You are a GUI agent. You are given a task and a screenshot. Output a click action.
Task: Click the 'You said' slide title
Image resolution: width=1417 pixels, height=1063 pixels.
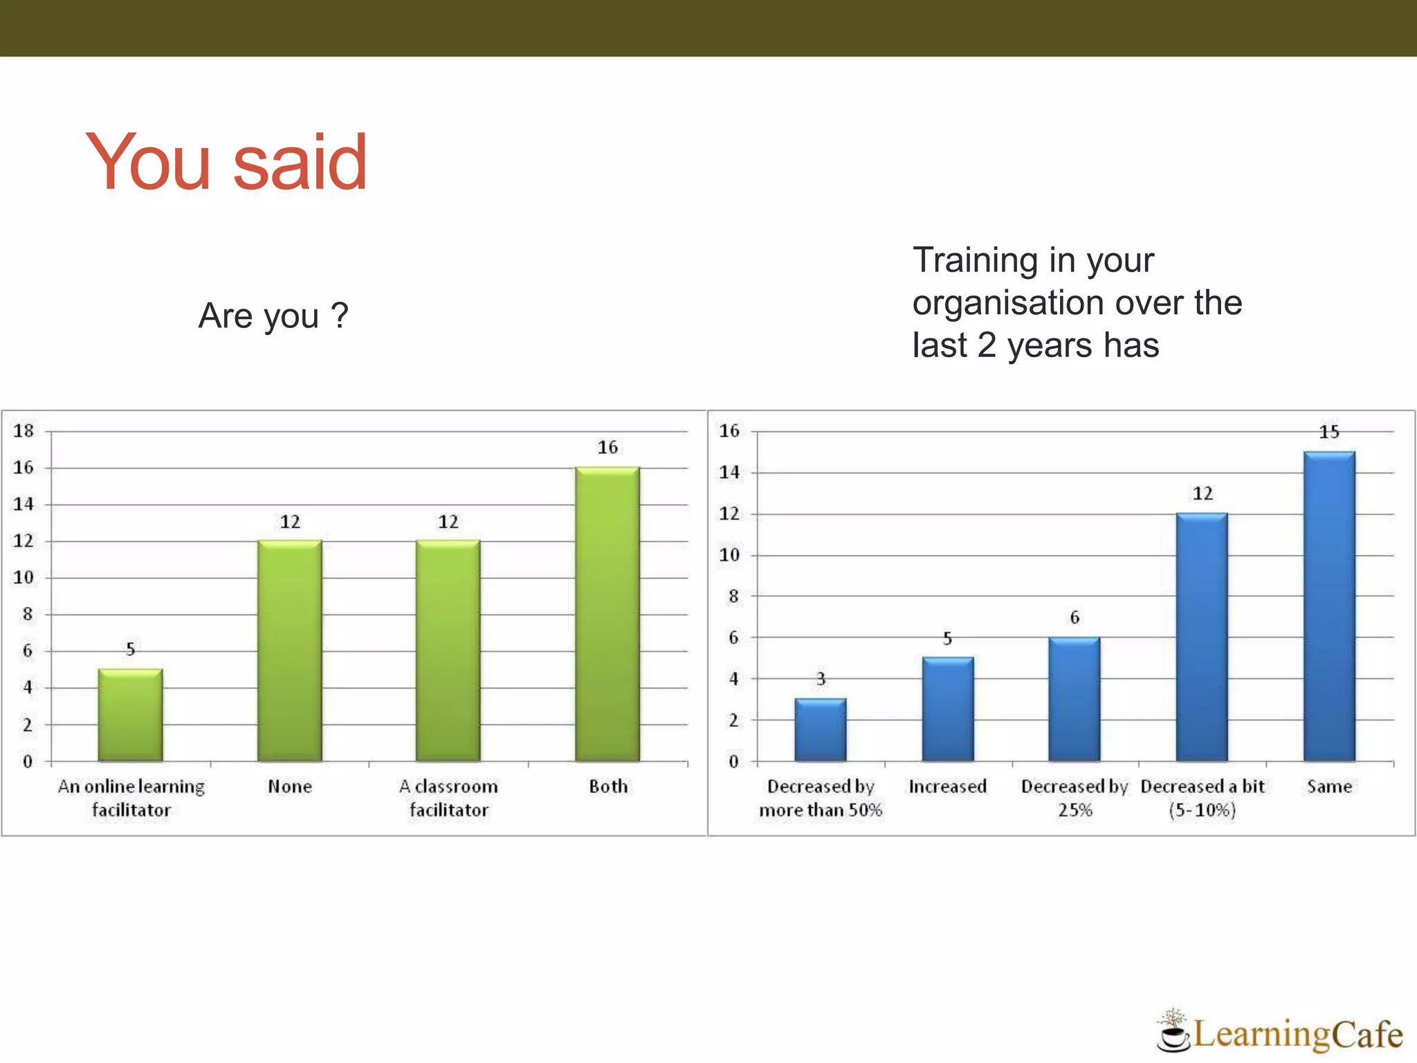pyautogui.click(x=226, y=162)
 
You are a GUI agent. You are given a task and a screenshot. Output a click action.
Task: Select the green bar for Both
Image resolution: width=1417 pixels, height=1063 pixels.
pyautogui.click(x=607, y=615)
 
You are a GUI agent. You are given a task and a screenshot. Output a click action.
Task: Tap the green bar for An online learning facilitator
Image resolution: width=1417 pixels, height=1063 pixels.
pyautogui.click(x=130, y=715)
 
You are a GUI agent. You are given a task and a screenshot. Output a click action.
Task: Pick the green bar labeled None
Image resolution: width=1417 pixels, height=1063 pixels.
pyautogui.click(x=289, y=651)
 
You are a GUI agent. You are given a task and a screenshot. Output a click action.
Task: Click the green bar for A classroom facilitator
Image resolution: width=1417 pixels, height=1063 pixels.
pyautogui.click(x=448, y=651)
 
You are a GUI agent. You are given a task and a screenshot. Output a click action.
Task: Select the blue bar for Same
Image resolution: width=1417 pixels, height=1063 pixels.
pyautogui.click(x=1329, y=606)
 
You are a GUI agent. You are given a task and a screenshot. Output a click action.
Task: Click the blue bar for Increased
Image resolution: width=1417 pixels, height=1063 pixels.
pyautogui.click(x=947, y=709)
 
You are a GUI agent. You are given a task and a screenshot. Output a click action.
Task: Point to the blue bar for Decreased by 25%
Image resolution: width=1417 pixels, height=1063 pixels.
pyautogui.click(x=1074, y=699)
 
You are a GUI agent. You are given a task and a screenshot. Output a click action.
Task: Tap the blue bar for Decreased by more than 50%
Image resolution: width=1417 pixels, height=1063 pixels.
pyautogui.click(x=820, y=730)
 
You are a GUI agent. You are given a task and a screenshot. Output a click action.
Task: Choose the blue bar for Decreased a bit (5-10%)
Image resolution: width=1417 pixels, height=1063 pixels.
pyautogui.click(x=1202, y=637)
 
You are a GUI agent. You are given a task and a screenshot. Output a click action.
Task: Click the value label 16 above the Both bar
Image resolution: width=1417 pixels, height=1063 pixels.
pyautogui.click(x=607, y=448)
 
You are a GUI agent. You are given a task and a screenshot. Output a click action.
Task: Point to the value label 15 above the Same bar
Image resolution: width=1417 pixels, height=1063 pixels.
pyautogui.click(x=1329, y=433)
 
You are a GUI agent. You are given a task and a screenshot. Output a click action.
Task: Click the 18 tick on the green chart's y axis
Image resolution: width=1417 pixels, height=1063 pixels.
pyautogui.click(x=24, y=431)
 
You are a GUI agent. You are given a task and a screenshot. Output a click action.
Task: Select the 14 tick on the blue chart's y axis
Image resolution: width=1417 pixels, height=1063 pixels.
pyautogui.click(x=729, y=473)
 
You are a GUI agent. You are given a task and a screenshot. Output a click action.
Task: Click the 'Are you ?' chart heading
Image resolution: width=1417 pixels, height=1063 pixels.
pyautogui.click(x=273, y=316)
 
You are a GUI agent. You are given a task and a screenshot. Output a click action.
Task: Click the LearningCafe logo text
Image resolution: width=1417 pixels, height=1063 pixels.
pyautogui.click(x=1298, y=1034)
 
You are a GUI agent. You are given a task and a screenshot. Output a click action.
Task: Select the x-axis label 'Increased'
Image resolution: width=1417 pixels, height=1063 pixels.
pyautogui.click(x=947, y=787)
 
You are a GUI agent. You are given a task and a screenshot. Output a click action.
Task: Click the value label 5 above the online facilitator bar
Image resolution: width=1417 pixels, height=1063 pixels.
pyautogui.click(x=130, y=649)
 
